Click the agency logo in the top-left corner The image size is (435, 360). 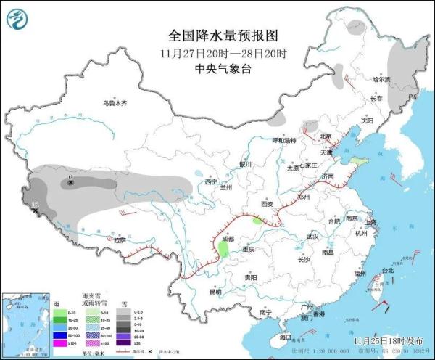pos(20,20)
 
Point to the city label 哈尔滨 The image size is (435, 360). pos(381,78)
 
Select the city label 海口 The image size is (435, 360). pos(286,337)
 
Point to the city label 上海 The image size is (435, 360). pos(370,222)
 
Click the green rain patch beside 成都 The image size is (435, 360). pos(223,250)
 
